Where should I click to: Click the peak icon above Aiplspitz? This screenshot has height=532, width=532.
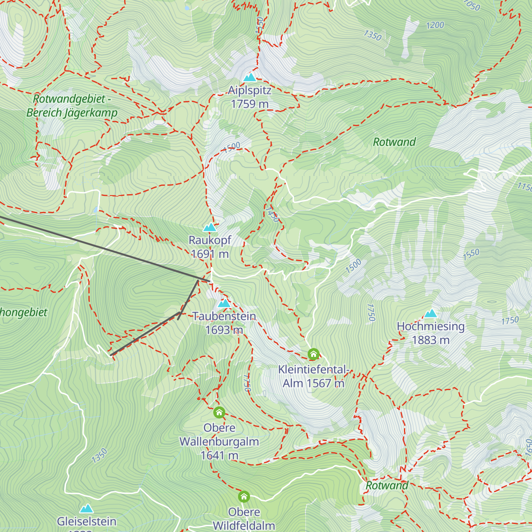[x=250, y=78]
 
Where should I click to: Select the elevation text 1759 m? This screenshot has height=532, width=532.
[x=250, y=104]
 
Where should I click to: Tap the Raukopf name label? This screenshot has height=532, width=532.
[x=210, y=240]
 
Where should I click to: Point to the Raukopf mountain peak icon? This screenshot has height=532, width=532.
[x=210, y=227]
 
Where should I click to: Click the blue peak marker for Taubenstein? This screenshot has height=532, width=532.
[x=224, y=304]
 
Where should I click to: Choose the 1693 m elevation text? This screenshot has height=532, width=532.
[x=224, y=330]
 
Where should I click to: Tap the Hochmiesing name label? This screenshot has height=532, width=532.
[x=430, y=327]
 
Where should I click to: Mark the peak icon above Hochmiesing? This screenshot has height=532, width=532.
[x=430, y=314]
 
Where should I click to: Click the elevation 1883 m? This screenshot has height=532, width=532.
[x=430, y=340]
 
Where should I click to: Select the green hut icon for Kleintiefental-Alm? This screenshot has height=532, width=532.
[x=313, y=354]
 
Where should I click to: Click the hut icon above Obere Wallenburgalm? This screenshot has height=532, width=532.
[x=219, y=413]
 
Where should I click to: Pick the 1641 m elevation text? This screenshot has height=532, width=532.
[x=219, y=455]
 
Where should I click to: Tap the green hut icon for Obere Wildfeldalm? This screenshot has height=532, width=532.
[x=244, y=496]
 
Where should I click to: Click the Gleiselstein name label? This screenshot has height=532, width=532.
[x=87, y=521]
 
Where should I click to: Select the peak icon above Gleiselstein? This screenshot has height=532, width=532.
[x=87, y=509]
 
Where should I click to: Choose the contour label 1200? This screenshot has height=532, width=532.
[x=435, y=25]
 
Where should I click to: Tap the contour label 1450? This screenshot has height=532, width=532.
[x=273, y=214]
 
